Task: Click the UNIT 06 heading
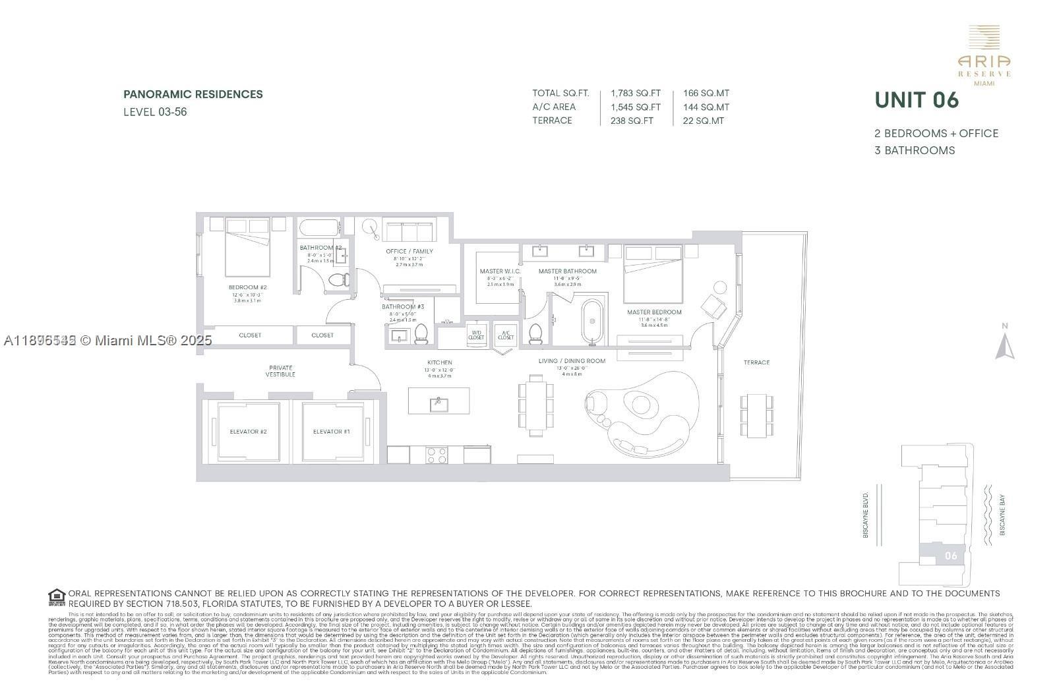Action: coord(917,100)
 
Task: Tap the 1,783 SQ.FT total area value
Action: coord(635,94)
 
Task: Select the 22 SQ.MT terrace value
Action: coord(704,121)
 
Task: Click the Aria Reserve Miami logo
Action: coord(984,56)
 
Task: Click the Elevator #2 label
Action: coord(248,432)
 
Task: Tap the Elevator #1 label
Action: coord(331,432)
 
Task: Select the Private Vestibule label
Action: coord(280,371)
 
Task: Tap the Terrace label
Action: coord(756,362)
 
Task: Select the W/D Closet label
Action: coord(476,335)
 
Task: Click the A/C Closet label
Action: coord(506,335)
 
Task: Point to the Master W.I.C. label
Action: coord(500,271)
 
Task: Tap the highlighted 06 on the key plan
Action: coord(950,555)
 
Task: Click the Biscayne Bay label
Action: coord(1002,515)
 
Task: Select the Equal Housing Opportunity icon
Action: coord(57,598)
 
